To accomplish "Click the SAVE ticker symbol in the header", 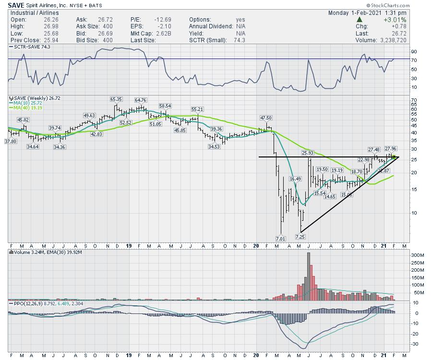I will coord(16,5).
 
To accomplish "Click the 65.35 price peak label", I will coord(116,99).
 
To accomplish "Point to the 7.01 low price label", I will coord(280,238).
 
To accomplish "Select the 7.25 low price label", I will coord(300,236).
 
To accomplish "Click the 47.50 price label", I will coord(266,118).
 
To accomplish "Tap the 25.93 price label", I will coord(307,153).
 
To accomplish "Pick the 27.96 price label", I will coord(391,149).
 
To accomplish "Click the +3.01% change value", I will coord(395,20).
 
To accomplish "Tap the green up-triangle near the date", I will coord(359,20).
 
